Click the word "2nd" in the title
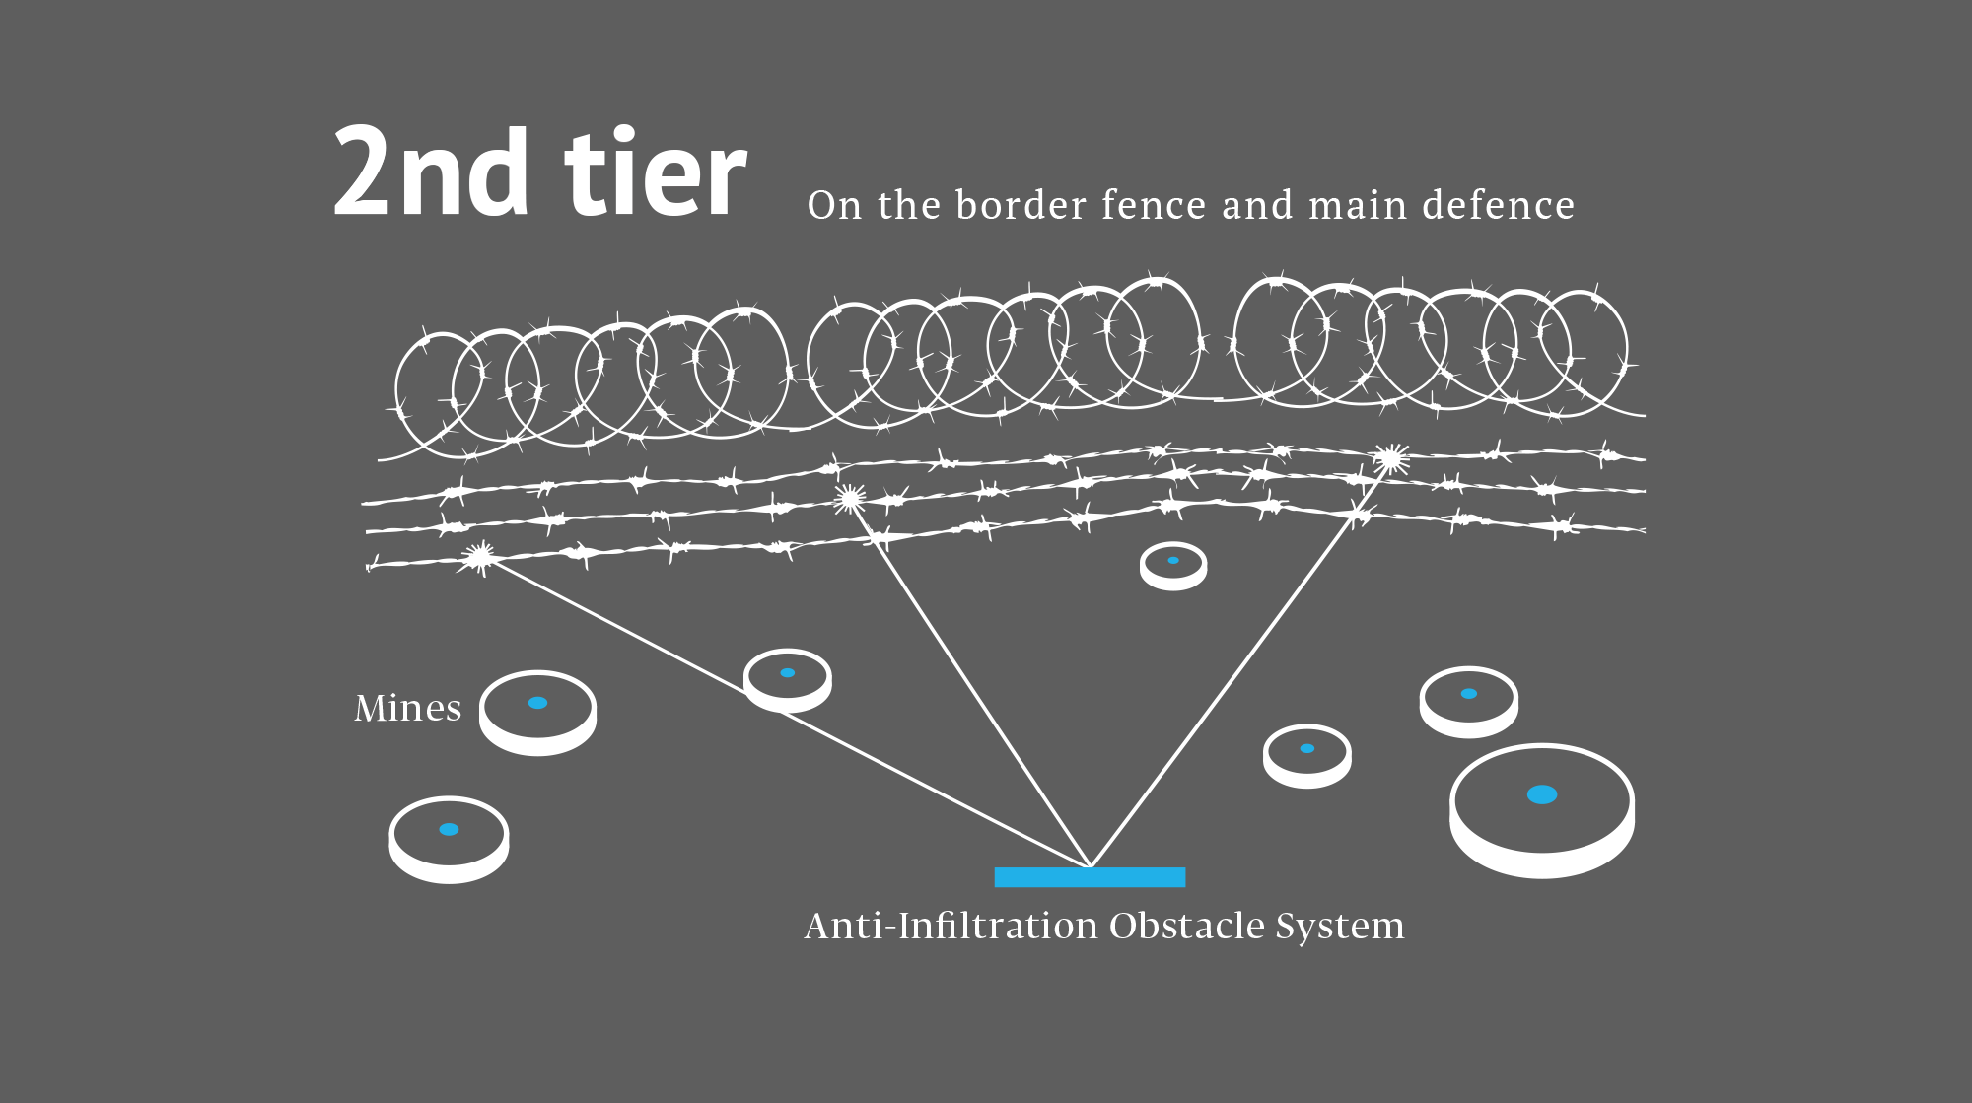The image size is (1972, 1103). [430, 174]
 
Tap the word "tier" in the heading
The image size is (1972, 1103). [655, 174]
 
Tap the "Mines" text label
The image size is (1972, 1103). [407, 708]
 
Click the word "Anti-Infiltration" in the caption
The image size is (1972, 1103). [951, 926]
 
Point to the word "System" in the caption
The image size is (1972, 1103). [1340, 926]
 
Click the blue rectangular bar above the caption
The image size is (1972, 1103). [1090, 877]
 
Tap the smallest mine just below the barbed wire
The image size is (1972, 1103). [1173, 566]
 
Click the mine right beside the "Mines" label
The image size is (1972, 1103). [537, 712]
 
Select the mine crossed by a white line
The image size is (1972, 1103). [787, 679]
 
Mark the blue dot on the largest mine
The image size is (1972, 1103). [1542, 794]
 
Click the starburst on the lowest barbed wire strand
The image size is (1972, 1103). [480, 558]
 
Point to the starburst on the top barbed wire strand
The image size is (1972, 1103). [1390, 458]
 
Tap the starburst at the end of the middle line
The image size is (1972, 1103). [849, 500]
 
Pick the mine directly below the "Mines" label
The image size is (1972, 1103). [449, 839]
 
